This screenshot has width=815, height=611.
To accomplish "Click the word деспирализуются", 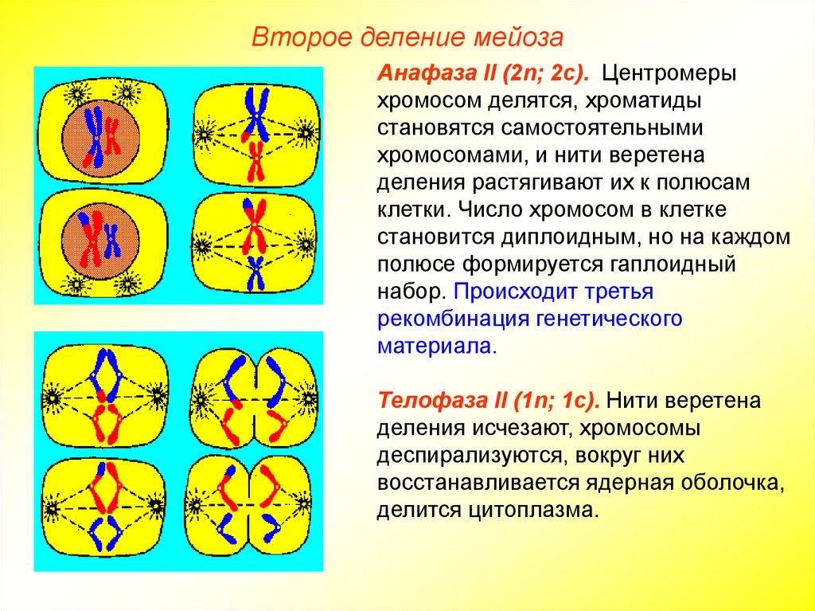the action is click(x=466, y=454).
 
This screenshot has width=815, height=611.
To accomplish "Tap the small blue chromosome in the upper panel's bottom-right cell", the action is click(x=255, y=272).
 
